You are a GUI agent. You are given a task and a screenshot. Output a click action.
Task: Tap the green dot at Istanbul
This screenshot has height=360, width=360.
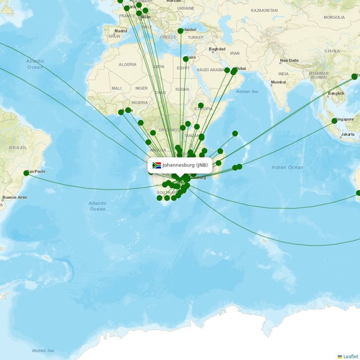(180, 31)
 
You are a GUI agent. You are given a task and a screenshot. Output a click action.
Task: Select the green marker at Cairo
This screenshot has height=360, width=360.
(186, 59)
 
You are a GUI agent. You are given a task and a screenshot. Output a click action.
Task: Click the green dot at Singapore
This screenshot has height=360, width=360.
(334, 121)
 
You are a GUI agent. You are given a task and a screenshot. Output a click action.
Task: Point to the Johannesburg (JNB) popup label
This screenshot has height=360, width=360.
(180, 165)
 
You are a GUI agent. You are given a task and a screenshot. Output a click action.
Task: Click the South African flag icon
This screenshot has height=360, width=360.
(157, 165)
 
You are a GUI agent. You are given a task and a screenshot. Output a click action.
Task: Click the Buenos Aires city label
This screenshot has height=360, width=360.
(15, 198)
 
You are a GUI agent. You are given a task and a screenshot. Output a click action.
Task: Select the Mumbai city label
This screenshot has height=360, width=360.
(279, 82)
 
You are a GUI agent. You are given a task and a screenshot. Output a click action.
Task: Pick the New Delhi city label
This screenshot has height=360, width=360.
(289, 61)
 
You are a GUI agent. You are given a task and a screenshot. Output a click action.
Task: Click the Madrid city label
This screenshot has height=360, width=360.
(121, 31)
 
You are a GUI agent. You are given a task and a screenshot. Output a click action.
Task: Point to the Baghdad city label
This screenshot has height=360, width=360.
(217, 49)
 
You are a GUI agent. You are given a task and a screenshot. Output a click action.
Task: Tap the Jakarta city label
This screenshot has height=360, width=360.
(348, 134)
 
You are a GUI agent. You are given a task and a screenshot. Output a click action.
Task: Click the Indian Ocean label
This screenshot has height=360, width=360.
(288, 167)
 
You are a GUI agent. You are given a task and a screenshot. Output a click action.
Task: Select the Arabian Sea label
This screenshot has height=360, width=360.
(247, 91)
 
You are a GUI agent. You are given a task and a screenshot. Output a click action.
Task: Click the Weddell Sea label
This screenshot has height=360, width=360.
(43, 351)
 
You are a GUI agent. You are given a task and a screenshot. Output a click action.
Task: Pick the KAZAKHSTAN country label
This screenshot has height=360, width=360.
(264, 10)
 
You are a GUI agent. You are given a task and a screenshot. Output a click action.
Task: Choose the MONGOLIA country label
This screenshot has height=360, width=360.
(334, 17)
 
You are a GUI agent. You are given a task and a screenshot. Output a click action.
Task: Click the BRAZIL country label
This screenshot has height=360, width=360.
(18, 147)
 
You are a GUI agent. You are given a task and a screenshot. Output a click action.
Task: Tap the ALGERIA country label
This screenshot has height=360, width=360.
(127, 64)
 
